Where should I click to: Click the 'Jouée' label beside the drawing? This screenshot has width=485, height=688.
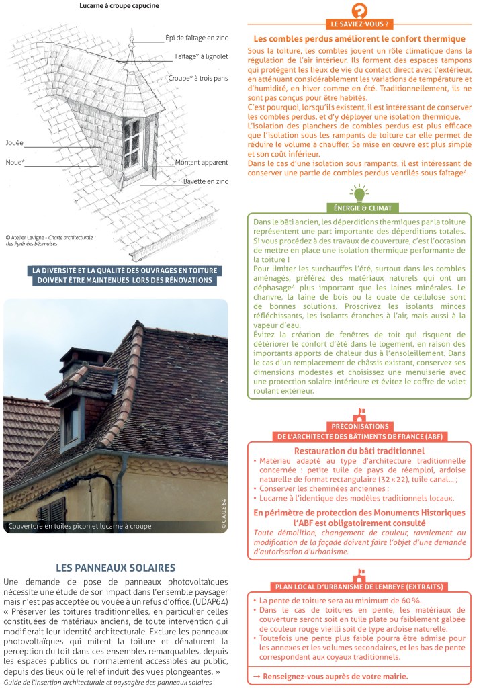click(14, 143)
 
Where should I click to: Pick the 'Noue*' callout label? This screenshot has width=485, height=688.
click(15, 162)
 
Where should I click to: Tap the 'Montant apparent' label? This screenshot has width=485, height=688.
click(201, 163)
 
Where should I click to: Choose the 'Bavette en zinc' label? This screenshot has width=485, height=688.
click(206, 181)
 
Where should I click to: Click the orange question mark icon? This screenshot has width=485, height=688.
click(359, 11)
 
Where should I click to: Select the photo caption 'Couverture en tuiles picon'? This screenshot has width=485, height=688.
click(79, 526)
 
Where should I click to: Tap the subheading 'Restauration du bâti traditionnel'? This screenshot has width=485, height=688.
click(359, 451)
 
